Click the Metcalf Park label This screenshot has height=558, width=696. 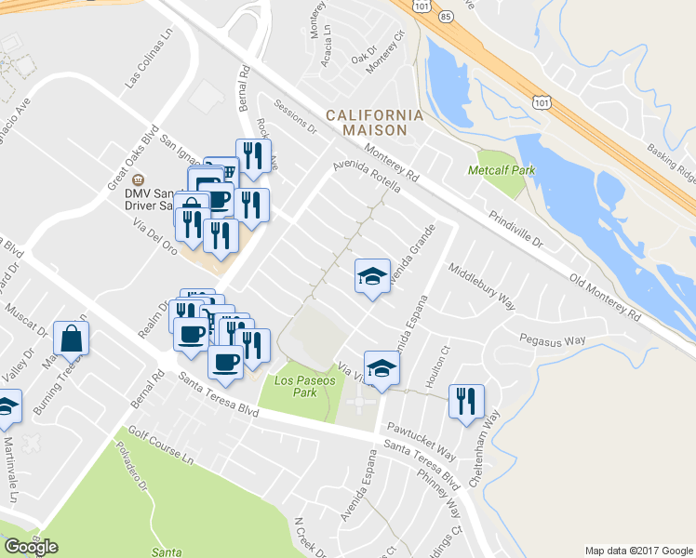[502, 170]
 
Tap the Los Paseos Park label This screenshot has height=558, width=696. [299, 386]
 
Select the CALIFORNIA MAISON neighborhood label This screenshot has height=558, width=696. [374, 122]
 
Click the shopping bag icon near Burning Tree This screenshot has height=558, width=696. [72, 339]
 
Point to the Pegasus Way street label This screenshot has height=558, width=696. [553, 340]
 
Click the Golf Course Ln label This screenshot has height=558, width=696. [161, 446]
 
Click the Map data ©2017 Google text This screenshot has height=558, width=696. [638, 550]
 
